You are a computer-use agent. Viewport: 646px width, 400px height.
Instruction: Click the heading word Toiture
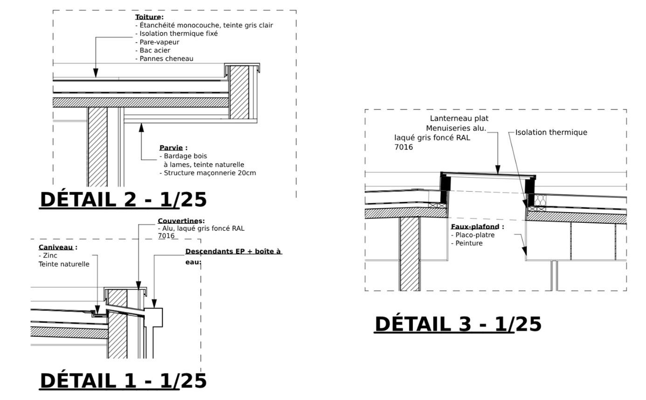tap(148, 17)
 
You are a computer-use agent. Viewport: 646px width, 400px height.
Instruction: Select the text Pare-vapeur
tap(159, 42)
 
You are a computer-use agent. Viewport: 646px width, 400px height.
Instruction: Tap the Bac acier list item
tap(155, 50)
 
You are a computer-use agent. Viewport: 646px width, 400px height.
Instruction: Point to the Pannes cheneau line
tap(166, 59)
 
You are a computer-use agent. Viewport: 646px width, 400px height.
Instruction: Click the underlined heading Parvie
tap(171, 148)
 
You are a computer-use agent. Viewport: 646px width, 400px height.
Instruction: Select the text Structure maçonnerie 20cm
tap(210, 173)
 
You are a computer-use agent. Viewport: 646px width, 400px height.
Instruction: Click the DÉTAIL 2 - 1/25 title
tap(123, 200)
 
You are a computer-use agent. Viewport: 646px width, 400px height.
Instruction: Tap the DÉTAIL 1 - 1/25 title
tap(123, 381)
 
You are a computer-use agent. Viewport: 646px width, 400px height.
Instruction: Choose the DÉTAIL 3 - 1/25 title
tap(458, 324)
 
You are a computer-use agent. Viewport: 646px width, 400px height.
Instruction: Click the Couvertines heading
tap(180, 221)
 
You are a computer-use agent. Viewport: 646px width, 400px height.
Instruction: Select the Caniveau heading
tap(55, 248)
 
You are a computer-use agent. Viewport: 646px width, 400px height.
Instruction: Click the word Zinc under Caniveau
tap(50, 255)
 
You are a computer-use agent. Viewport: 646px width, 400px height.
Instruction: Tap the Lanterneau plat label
tap(459, 118)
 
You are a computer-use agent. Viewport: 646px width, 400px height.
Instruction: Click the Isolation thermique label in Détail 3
tap(551, 132)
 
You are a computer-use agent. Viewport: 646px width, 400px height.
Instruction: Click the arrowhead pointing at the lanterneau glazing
tap(498, 170)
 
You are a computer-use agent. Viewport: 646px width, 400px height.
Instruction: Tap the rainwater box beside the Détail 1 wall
tap(153, 317)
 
